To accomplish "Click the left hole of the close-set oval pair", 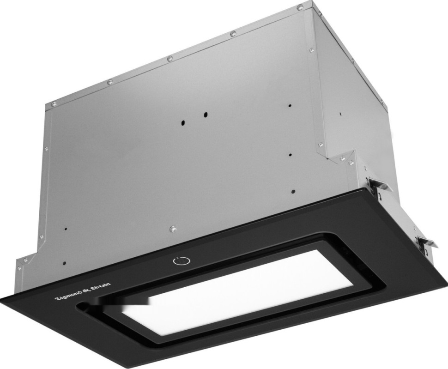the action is (182, 123).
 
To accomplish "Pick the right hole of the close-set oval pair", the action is (205, 115).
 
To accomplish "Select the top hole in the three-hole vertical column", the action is (290, 105).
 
